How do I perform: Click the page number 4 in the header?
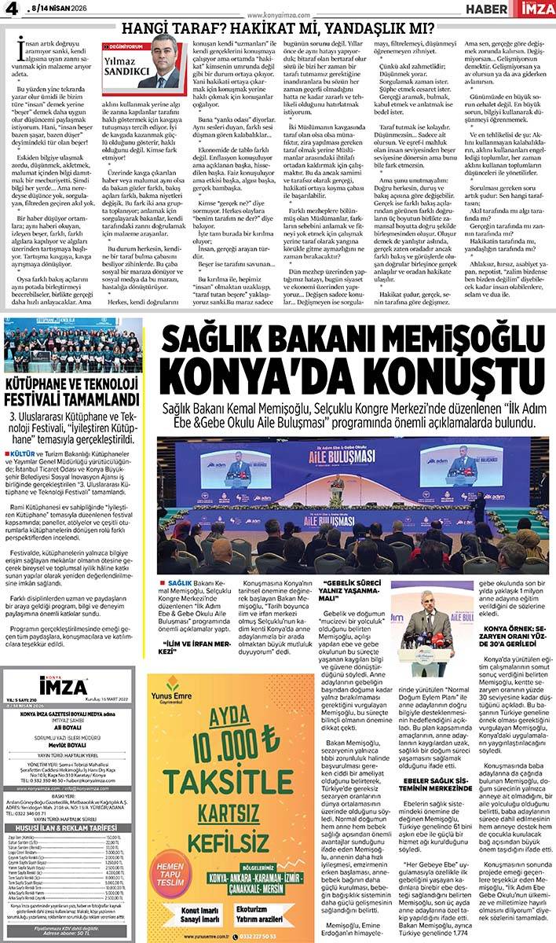pyautogui.click(x=11, y=10)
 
